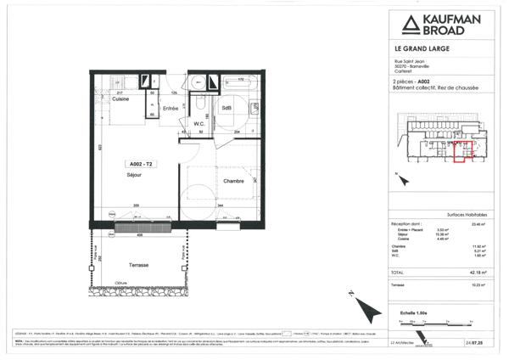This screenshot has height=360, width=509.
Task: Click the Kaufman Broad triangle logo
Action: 402,24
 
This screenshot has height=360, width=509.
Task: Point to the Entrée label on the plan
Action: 170,108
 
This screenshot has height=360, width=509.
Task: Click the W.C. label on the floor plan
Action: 199,123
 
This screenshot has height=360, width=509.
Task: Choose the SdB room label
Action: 227,108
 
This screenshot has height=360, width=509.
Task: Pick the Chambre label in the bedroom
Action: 233,182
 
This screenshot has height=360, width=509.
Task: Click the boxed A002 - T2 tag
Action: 141,163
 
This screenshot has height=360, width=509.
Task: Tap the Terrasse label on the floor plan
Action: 139,265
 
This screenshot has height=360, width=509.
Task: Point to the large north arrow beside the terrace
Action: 359,306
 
